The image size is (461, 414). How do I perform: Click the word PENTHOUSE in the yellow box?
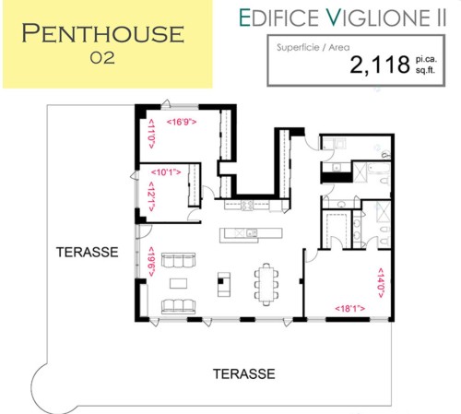tap(103, 33)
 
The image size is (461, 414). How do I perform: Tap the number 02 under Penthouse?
tap(102, 58)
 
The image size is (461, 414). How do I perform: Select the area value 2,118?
tap(380, 65)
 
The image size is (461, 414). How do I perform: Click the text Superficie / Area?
tap(313, 47)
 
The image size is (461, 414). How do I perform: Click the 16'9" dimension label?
tap(182, 122)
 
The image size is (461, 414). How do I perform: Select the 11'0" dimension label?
tap(151, 134)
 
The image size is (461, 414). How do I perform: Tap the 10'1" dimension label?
tap(166, 172)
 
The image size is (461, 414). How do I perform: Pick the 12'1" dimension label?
tap(151, 196)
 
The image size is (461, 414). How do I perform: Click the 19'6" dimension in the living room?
tap(151, 262)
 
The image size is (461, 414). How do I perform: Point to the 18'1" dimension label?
tap(350, 308)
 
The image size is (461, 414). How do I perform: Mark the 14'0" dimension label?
tap(381, 283)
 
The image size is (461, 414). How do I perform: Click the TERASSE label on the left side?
tap(88, 252)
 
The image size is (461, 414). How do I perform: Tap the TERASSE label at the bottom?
tap(244, 373)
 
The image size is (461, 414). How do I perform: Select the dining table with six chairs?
tap(266, 284)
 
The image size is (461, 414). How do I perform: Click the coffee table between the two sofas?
tap(178, 283)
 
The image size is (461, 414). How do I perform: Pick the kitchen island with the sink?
tap(251, 235)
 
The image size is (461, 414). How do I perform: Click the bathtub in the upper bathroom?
tap(379, 168)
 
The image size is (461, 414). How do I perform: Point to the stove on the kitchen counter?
tap(247, 205)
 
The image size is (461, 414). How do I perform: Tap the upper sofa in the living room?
tap(178, 260)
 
